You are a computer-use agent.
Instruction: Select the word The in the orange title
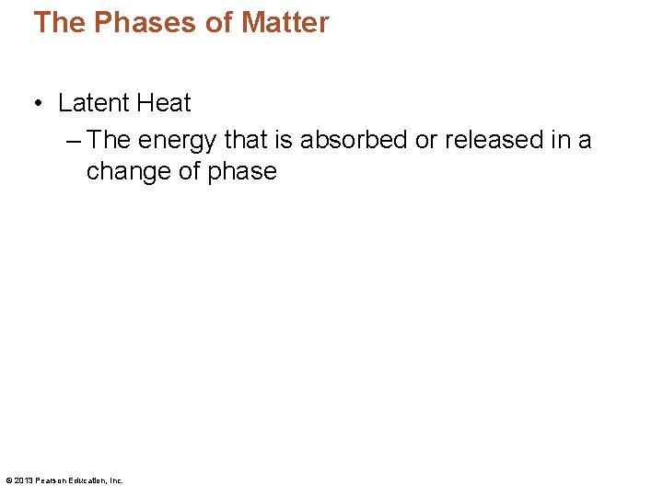[59, 23]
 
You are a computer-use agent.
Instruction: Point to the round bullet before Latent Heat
[38, 104]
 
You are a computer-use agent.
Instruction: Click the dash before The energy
[75, 140]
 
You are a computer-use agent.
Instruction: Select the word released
[494, 140]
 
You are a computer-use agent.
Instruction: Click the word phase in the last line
[242, 171]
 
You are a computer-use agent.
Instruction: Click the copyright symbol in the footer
[8, 480]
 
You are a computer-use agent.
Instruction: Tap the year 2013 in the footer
[21, 480]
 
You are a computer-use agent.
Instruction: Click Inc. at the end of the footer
[116, 480]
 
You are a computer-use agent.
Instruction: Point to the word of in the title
[217, 23]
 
